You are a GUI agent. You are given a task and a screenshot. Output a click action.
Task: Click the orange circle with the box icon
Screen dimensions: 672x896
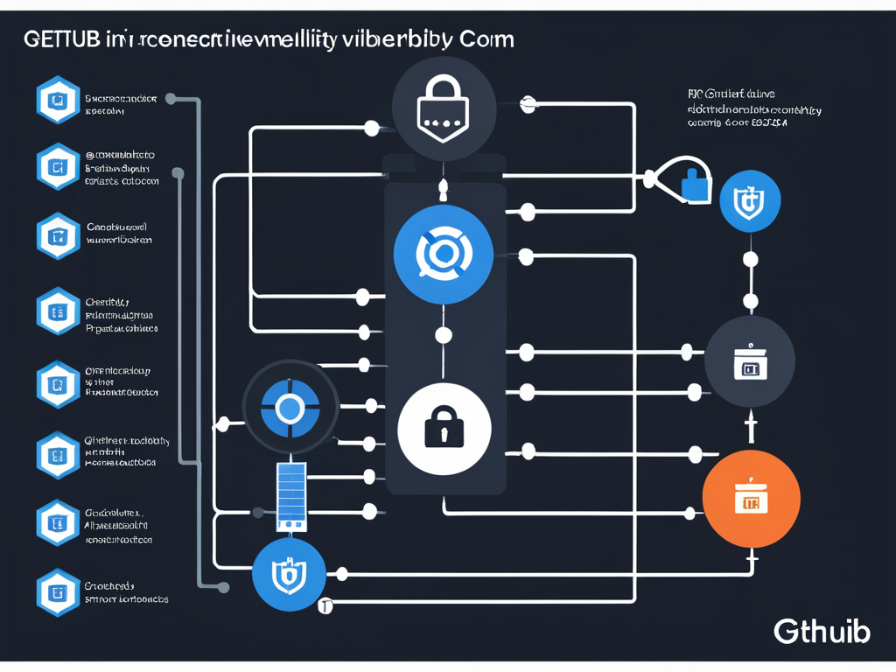(x=751, y=499)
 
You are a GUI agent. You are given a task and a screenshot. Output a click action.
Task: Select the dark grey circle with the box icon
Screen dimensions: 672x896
(x=749, y=361)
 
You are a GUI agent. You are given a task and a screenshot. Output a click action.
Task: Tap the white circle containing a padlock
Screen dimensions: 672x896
(x=444, y=427)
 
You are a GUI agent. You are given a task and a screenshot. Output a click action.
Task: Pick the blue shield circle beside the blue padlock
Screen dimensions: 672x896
(x=750, y=202)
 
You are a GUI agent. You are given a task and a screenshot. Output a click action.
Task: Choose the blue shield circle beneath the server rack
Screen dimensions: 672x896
(x=289, y=574)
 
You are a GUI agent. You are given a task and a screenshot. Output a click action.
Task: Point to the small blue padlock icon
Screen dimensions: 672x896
(x=696, y=184)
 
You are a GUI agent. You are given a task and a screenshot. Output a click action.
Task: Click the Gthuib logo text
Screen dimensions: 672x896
(x=822, y=631)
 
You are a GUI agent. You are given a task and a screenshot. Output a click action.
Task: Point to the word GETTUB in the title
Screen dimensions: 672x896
(x=59, y=40)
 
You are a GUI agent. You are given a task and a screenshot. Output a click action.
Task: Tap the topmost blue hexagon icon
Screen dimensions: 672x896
(x=58, y=101)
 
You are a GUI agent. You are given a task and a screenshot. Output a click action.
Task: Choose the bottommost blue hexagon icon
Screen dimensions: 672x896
(x=58, y=591)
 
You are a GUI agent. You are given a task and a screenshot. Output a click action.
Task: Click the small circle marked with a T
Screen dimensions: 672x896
(x=325, y=605)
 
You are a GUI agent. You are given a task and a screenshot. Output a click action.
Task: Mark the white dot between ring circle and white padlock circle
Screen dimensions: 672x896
(x=444, y=334)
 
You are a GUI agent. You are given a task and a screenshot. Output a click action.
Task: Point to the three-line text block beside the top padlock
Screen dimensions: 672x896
(x=753, y=108)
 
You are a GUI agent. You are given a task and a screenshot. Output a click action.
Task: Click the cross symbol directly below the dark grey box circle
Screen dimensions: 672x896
(x=750, y=429)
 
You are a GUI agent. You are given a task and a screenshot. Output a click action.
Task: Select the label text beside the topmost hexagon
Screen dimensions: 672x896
(x=120, y=105)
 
